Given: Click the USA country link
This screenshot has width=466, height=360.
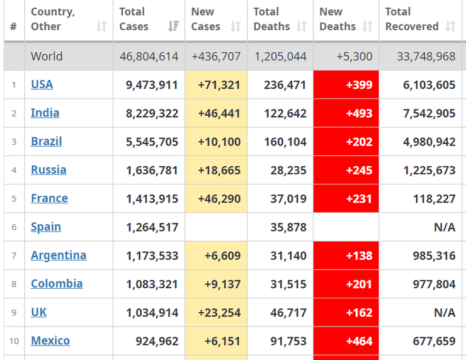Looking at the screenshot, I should pos(42,84).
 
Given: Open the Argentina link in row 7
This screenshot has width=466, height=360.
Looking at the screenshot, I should pos(59,255).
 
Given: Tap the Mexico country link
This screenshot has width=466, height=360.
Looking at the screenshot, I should pos(50,340).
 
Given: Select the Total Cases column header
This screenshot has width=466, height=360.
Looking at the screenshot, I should pos(134,19).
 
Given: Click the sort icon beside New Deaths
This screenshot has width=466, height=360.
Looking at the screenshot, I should pos(368,26).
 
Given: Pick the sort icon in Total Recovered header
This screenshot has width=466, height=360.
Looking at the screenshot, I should pos(450,26).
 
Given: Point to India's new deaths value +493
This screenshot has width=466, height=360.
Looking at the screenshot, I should pos(359,113).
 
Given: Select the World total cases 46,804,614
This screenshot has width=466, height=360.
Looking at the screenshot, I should pos(149,57).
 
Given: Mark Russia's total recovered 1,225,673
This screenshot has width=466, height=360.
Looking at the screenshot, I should pos(429,170).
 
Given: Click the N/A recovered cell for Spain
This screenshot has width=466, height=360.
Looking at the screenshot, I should pos(445,227).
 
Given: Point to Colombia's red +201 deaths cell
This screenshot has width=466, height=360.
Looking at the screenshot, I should pos(359,284).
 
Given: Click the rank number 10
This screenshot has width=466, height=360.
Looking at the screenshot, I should pos(14,340).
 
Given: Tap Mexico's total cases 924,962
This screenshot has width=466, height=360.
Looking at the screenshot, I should pos(157,341).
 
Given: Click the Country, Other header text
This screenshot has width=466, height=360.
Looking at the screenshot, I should pos(53,19).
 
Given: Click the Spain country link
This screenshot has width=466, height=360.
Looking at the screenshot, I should pos(46,227).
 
